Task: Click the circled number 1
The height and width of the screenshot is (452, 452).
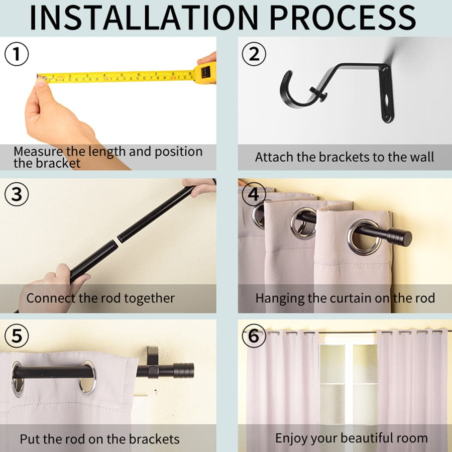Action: point(17,54)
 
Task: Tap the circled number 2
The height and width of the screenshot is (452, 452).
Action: point(254,54)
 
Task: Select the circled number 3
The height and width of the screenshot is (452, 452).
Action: point(17,194)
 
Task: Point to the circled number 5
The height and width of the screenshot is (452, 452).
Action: point(17,335)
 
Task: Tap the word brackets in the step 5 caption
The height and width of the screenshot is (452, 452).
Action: point(154,439)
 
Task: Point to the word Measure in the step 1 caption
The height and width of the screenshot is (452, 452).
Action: point(38,152)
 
